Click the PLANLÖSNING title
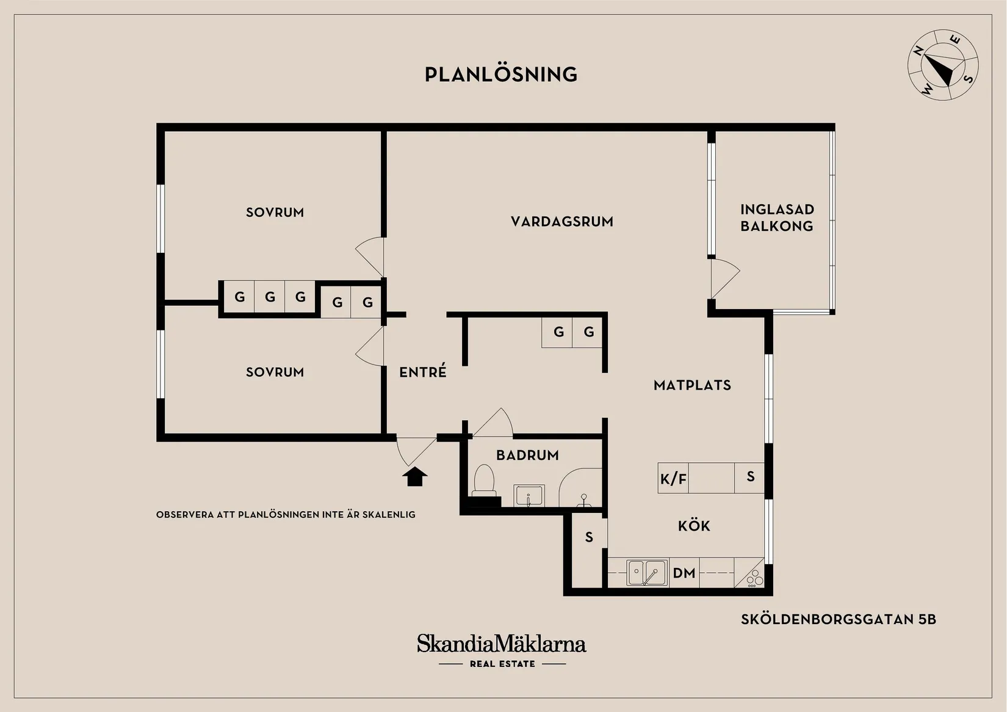501,74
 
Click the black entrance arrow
414,476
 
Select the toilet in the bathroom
484,480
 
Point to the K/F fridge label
673,479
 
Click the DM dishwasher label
684,573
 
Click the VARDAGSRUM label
562,222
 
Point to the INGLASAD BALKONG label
777,217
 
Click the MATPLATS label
692,385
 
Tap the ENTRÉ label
423,372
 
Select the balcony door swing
724,277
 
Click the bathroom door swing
493,423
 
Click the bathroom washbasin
529,495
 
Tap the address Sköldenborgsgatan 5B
838,619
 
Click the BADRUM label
527,456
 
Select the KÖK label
694,526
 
